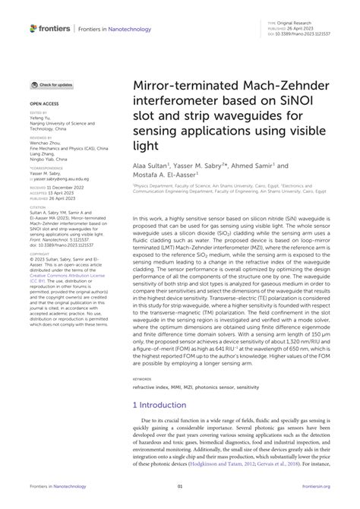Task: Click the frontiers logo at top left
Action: pos(51,28)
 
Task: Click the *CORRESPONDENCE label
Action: pos(46,166)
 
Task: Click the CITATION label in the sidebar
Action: pos(38,207)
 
